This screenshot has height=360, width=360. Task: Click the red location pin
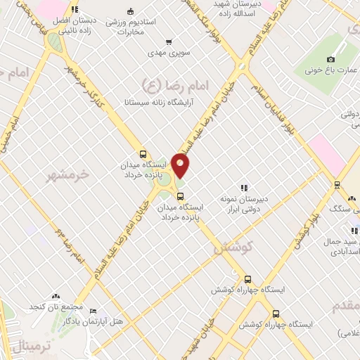click(181, 166)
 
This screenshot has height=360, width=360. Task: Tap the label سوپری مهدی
click(165, 53)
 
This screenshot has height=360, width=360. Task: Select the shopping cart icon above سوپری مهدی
click(167, 41)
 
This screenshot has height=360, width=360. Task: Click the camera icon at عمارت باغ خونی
click(331, 60)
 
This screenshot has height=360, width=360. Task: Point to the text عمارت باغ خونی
click(332, 71)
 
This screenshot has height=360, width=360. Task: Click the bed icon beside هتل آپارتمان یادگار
click(94, 311)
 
